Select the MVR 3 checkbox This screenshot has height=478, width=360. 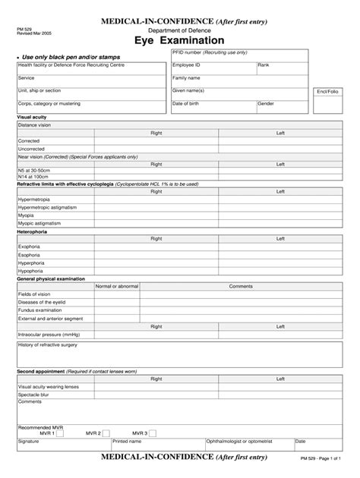click(x=152, y=433)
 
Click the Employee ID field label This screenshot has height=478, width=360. click(x=186, y=65)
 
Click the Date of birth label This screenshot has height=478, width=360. click(x=189, y=103)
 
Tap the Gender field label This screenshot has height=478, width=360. click(x=266, y=103)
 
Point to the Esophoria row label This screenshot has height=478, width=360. click(x=30, y=255)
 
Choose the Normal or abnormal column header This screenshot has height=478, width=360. click(x=116, y=286)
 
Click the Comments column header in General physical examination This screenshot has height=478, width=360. click(x=240, y=286)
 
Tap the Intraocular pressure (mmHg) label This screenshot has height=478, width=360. click(x=49, y=334)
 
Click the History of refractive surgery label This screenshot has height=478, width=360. click(x=50, y=344)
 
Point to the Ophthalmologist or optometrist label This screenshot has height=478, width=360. click(x=238, y=441)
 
